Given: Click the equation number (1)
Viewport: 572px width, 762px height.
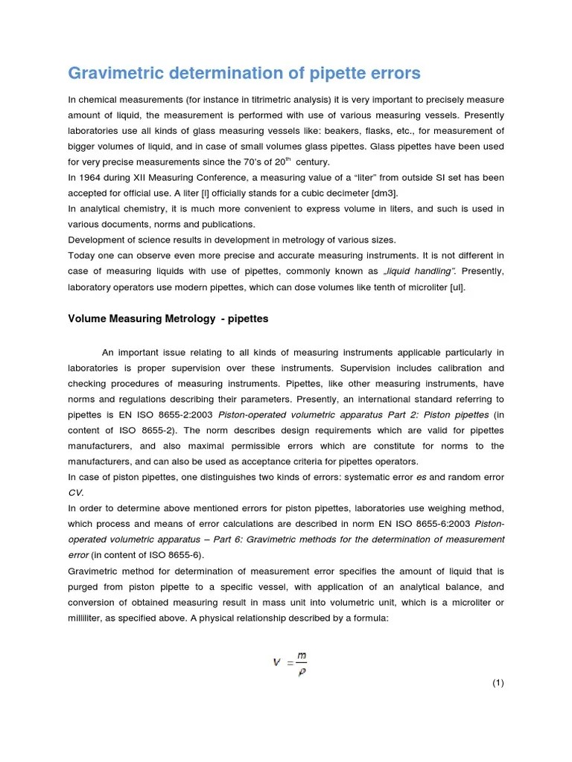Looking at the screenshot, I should pos(498,683).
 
